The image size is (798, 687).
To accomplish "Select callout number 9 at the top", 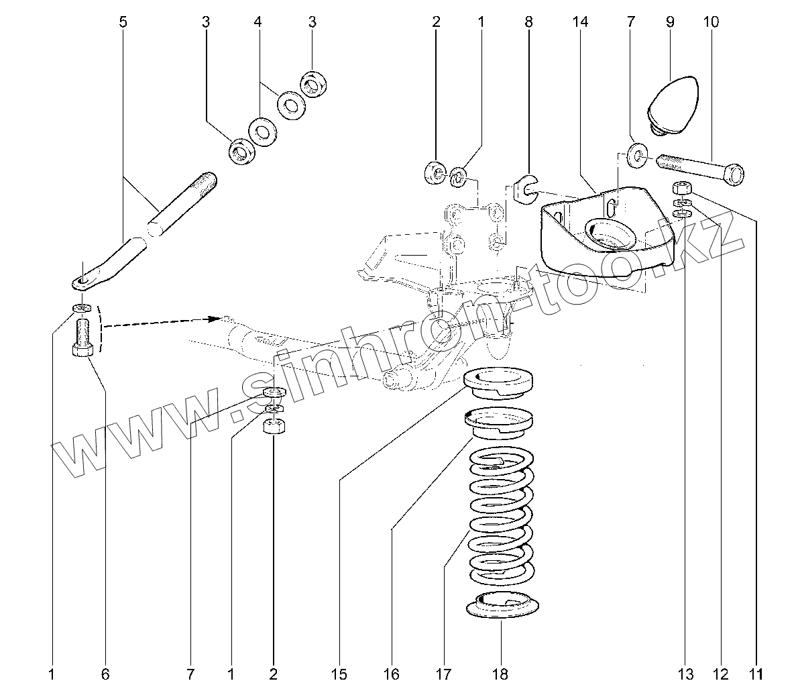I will [670, 22].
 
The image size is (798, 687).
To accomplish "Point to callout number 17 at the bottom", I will [443, 673].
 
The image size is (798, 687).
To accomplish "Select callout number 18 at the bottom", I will [500, 673].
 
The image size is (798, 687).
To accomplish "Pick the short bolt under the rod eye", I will [81, 337].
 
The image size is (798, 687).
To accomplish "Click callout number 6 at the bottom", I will [105, 673].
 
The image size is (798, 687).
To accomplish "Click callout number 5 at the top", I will [123, 22].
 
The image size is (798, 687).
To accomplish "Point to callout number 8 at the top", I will [528, 22].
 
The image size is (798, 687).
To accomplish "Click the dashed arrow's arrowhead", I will [218, 317].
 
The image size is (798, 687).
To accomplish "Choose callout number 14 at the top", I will [580, 22].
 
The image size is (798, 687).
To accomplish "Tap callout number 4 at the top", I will [258, 22].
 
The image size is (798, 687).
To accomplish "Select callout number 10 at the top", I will [711, 22].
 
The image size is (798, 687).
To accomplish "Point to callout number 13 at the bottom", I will [685, 673].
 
